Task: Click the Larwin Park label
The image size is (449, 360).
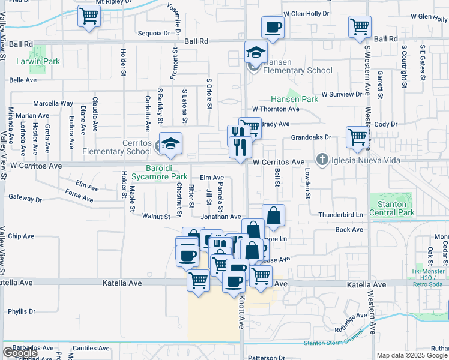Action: (x=38, y=61)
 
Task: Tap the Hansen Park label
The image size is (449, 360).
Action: (x=294, y=99)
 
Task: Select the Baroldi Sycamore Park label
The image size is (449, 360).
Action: (x=175, y=172)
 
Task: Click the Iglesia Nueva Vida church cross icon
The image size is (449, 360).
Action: (x=322, y=160)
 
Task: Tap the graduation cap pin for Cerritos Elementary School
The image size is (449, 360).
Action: (x=170, y=142)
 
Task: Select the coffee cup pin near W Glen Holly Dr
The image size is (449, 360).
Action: (x=273, y=27)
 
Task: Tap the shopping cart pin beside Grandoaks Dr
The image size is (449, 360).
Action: (x=358, y=137)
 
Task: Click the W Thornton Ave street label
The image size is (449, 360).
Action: (x=276, y=109)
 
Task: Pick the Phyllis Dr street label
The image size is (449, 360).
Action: (x=22, y=311)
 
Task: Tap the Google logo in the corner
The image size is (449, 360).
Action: (x=19, y=353)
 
